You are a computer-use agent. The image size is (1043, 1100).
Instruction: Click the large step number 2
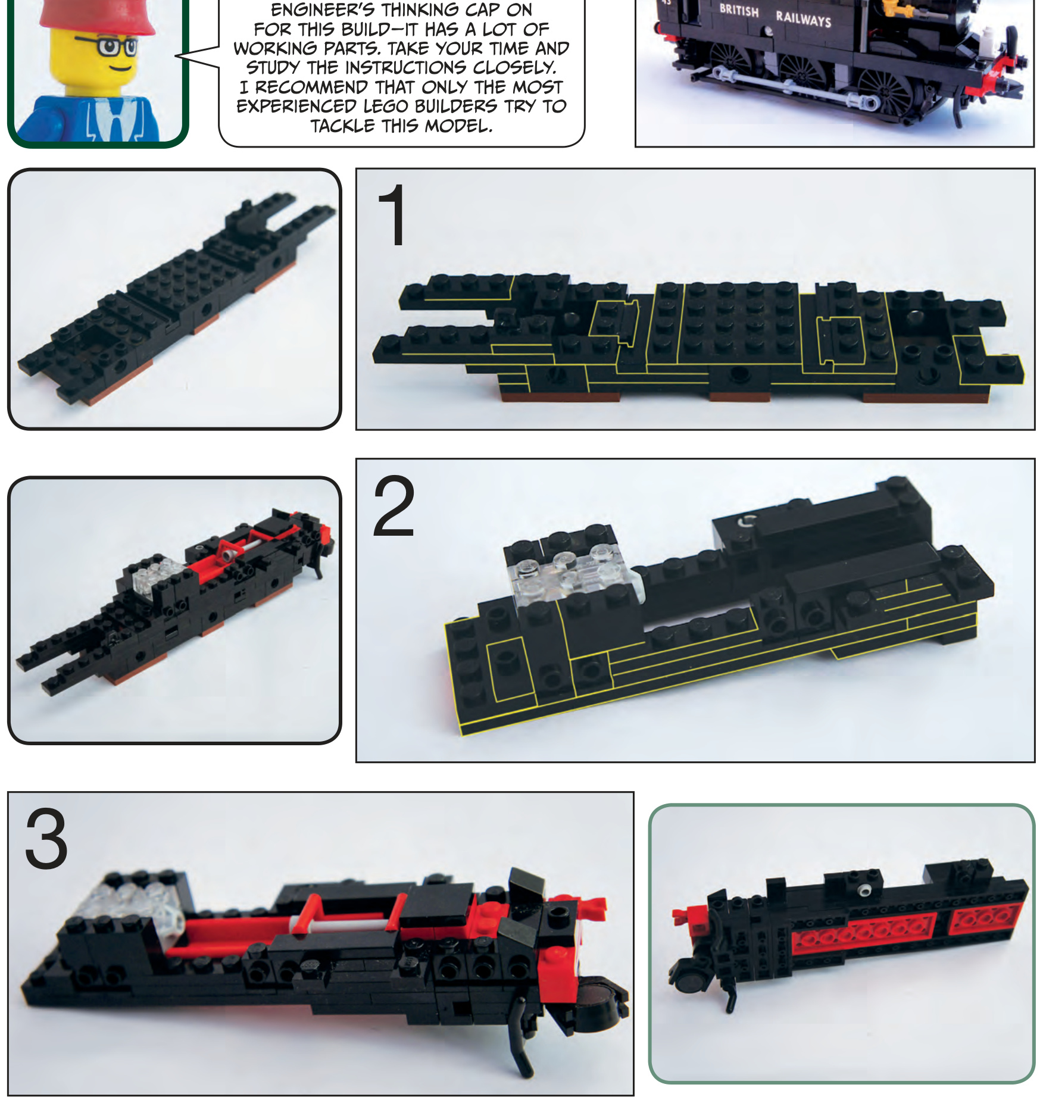[x=394, y=507]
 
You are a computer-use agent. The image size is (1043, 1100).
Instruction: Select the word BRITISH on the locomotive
[x=739, y=11]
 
